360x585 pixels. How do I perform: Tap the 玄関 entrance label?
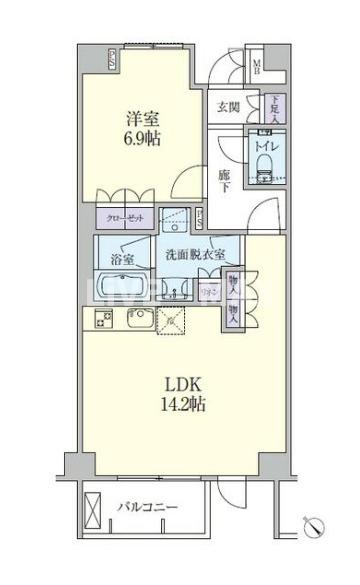[x=227, y=107]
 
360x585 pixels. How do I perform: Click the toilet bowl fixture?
[x=264, y=171]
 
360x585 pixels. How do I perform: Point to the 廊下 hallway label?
[x=226, y=179]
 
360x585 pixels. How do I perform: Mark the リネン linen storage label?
[x=212, y=290]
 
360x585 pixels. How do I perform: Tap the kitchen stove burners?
[x=104, y=320]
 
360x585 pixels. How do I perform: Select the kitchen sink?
[x=137, y=320]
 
